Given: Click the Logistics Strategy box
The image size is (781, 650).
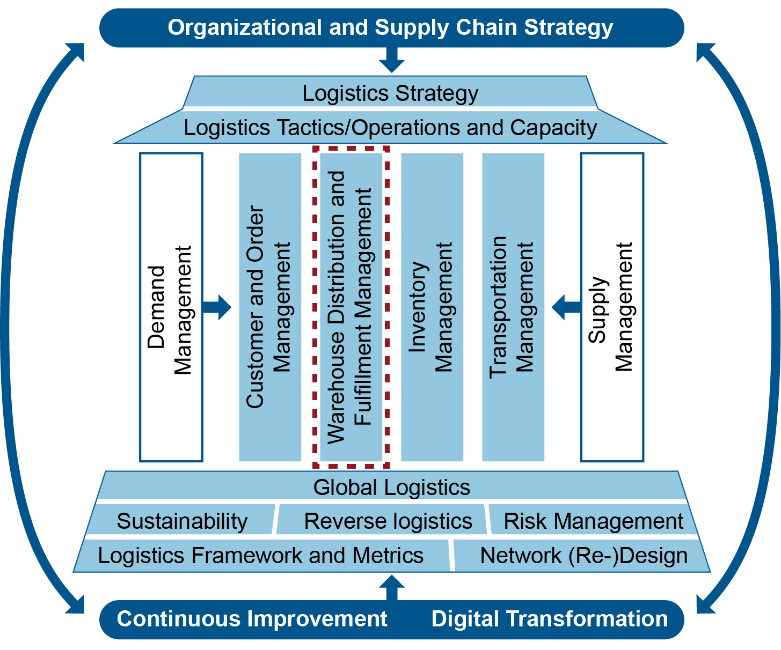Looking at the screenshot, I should tap(390, 93).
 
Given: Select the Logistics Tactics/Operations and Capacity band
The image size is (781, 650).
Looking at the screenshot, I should tap(390, 128).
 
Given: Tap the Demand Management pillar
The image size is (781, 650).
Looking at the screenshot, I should tap(171, 307).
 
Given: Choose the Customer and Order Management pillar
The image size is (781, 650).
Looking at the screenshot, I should tap(269, 307).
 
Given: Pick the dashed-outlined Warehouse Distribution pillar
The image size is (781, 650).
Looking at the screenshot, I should tap(351, 307).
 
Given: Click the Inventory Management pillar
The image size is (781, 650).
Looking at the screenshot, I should tap(432, 307).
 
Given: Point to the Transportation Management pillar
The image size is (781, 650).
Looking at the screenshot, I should tap(513, 307).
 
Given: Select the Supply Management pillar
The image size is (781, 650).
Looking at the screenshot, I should tap(612, 307).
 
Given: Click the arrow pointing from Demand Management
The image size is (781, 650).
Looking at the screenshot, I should tap(217, 307).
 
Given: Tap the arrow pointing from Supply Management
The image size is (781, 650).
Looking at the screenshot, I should tap(566, 307).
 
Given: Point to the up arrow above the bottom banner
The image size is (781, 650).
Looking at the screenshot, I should tap(392, 587).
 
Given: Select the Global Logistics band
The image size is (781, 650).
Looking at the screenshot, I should tap(392, 487).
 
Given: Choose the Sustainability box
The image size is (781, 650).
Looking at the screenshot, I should tap(182, 521).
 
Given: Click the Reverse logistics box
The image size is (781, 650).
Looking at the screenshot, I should tap(388, 521).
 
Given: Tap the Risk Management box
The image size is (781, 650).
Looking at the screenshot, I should tap(593, 521).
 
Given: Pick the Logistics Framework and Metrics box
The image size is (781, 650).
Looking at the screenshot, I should tap(261, 555).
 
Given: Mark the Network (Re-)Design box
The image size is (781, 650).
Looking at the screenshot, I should tap(583, 555).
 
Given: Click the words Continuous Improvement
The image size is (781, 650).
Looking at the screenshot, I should tap(252, 619).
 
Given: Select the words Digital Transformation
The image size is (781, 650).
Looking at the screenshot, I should tap(550, 619).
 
